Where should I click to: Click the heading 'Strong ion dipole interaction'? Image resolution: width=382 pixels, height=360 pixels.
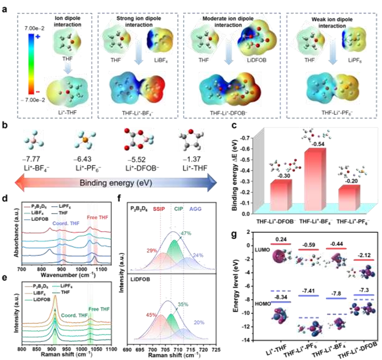point(136,13)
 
